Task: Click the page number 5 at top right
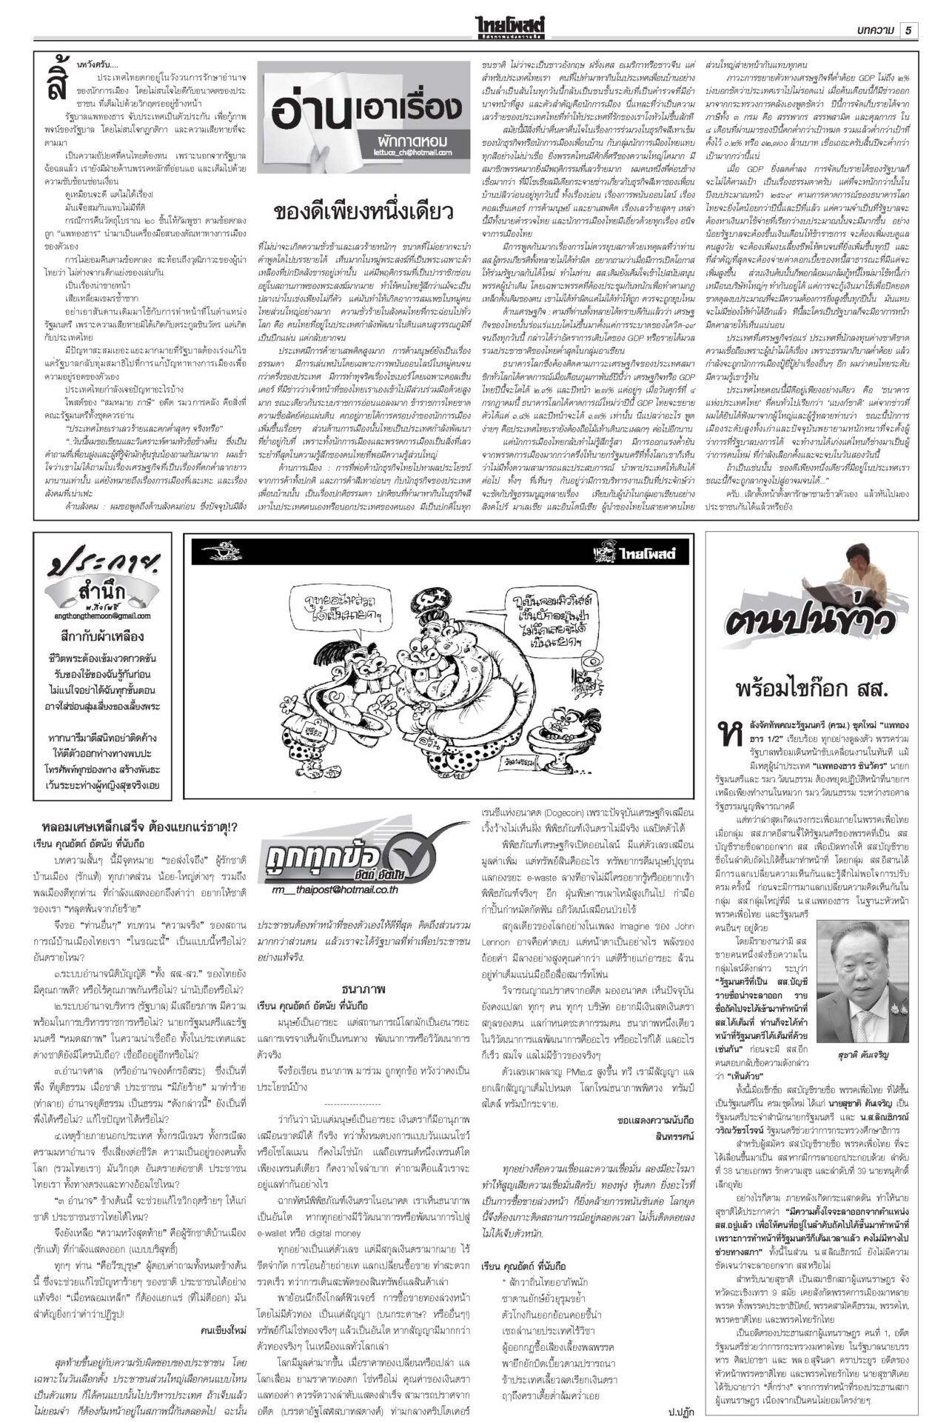[x=908, y=30]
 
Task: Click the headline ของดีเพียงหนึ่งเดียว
[x=363, y=212]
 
